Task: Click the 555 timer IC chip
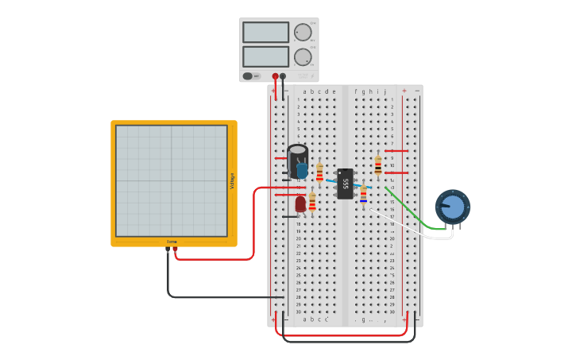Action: tap(345, 183)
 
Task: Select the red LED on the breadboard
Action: tap(300, 204)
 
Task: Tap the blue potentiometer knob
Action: tap(452, 207)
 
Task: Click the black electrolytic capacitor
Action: tap(297, 157)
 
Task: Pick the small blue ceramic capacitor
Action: tap(302, 170)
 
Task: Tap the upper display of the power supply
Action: tap(265, 33)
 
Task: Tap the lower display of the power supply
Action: tap(265, 56)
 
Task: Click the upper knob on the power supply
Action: tap(303, 33)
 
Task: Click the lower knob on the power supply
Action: tap(303, 57)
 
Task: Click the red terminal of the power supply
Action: tap(276, 76)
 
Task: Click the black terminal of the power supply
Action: tap(283, 76)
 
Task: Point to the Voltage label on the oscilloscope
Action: tap(232, 180)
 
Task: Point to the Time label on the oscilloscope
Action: tap(172, 242)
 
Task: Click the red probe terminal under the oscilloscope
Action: tap(176, 250)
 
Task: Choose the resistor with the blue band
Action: tap(363, 194)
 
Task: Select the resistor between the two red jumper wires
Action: tap(377, 165)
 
